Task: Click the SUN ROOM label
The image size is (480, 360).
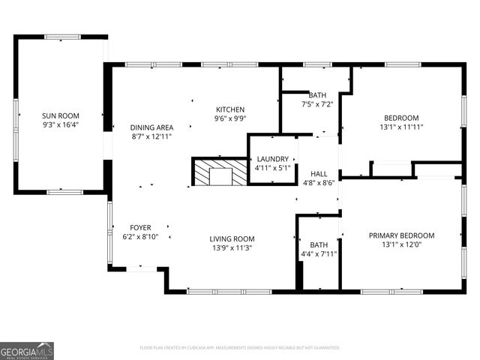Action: tap(60, 115)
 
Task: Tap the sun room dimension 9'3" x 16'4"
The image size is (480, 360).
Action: tap(60, 124)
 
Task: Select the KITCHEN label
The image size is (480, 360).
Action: tap(230, 109)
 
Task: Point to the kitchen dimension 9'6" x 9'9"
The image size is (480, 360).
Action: tap(230, 118)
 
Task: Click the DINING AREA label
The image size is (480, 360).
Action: tap(151, 127)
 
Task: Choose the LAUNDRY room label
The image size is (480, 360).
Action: tap(272, 159)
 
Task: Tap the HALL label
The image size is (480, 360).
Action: tap(319, 172)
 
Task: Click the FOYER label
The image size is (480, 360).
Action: tap(140, 227)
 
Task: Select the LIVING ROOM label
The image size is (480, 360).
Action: tap(232, 239)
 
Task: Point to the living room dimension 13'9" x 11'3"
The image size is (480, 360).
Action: tap(232, 248)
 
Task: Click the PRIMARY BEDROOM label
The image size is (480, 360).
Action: tap(401, 235)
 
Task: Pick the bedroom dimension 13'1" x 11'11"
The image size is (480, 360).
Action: tap(401, 127)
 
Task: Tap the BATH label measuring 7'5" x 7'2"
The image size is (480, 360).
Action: tap(316, 94)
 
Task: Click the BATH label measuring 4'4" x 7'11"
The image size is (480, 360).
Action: tap(319, 244)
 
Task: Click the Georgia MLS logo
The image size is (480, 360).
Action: tap(27, 350)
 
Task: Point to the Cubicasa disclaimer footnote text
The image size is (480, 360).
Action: tap(240, 348)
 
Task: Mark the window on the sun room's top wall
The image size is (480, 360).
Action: tap(62, 36)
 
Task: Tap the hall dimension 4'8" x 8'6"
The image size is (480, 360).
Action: tap(319, 182)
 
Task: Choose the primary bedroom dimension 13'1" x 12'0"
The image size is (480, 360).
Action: tap(401, 244)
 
